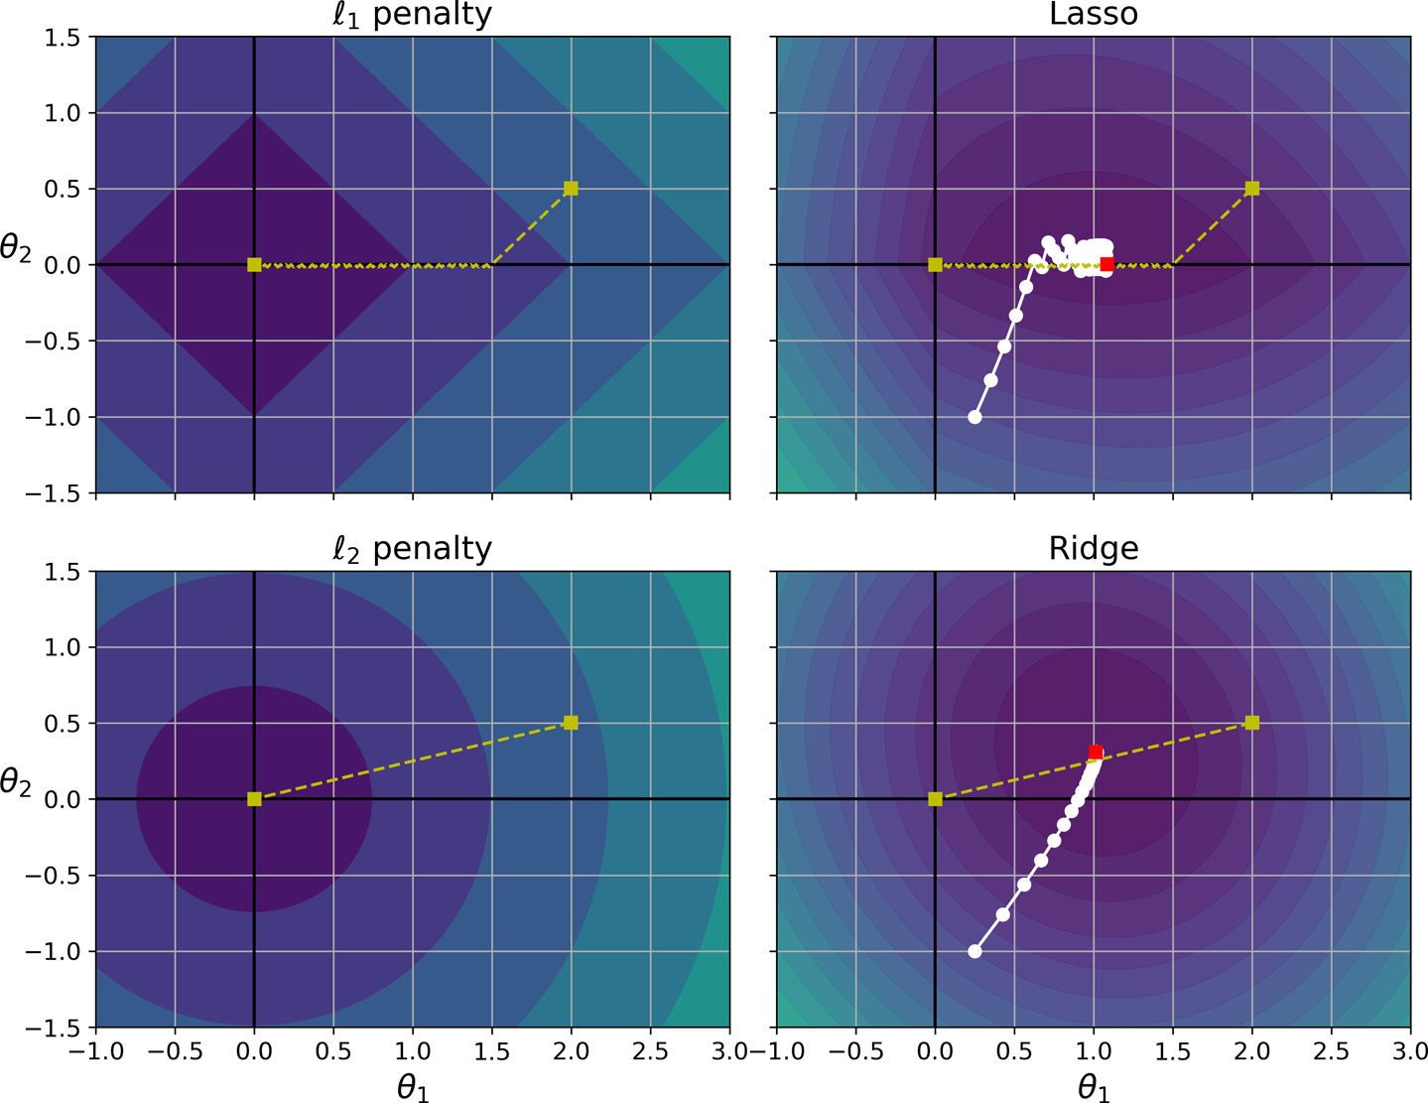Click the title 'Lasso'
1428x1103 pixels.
pyautogui.click(x=1094, y=15)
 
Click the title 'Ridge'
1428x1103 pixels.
pyautogui.click(x=1094, y=549)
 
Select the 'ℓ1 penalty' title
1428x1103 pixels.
pyautogui.click(x=412, y=15)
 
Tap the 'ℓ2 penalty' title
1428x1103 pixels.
pyautogui.click(x=412, y=549)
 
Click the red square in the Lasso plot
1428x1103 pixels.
pyautogui.click(x=1107, y=264)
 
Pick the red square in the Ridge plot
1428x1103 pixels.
pyautogui.click(x=1096, y=753)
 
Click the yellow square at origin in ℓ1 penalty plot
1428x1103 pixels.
pyautogui.click(x=254, y=264)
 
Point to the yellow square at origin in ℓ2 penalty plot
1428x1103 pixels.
pyautogui.click(x=254, y=799)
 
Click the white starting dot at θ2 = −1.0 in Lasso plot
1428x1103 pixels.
pyautogui.click(x=974, y=417)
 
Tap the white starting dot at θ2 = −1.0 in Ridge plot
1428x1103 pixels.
pyautogui.click(x=974, y=951)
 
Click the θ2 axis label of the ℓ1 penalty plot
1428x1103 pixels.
pyautogui.click(x=15, y=248)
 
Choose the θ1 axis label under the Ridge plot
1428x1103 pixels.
pyautogui.click(x=1094, y=1088)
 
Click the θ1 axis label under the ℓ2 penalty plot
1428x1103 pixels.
pyautogui.click(x=413, y=1088)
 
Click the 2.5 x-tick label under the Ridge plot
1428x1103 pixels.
pyautogui.click(x=1331, y=1050)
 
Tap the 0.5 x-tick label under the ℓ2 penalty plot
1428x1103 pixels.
pyautogui.click(x=333, y=1050)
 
